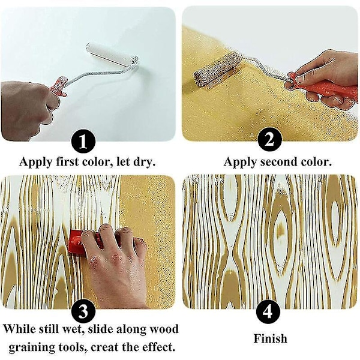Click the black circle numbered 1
point(83,142)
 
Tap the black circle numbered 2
point(269,140)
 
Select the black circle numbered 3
point(83,311)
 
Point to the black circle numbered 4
point(268,311)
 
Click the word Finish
point(270,338)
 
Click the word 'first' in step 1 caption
point(67,161)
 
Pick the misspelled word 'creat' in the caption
point(104,347)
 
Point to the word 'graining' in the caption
point(32,348)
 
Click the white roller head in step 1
point(112,55)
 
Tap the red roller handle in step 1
point(59,86)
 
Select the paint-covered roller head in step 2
point(218,69)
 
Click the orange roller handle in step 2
point(324,87)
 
